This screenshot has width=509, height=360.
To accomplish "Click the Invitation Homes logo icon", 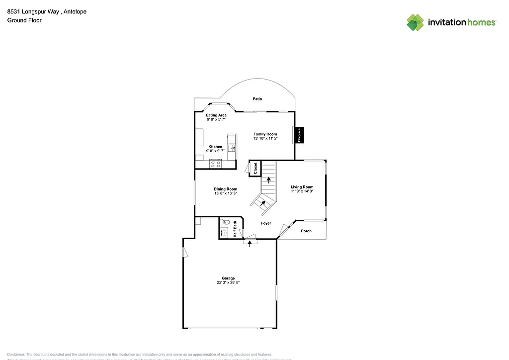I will tap(416, 22).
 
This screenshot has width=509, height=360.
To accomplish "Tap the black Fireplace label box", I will tap(299, 135).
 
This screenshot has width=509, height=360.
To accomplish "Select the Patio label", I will tap(257, 99).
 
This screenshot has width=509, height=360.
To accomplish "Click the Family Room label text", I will tap(265, 134).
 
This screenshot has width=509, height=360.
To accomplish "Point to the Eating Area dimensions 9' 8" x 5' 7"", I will tap(216, 119).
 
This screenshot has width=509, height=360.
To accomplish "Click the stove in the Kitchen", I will tap(216, 164).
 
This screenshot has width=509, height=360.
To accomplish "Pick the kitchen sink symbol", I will tap(232, 148).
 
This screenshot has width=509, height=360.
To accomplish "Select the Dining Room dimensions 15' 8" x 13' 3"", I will tap(225, 193).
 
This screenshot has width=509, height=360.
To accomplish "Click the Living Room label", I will tap(302, 187).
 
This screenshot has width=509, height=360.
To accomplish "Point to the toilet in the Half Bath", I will tap(226, 222).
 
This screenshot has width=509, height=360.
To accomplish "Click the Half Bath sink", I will tap(223, 232).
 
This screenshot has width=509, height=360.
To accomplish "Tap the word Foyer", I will tap(266, 223).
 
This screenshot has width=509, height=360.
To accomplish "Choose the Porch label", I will tap(306, 231).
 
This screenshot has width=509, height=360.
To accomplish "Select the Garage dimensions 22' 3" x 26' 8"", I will tap(228, 282).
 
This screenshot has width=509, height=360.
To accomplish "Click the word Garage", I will tap(228, 278).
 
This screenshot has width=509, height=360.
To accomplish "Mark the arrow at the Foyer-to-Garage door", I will tap(250, 244).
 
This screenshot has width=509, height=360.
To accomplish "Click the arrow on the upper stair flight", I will tap(268, 180).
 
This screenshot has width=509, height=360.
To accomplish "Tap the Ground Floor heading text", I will tap(24, 20).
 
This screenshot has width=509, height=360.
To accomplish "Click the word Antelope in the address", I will tap(76, 12).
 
